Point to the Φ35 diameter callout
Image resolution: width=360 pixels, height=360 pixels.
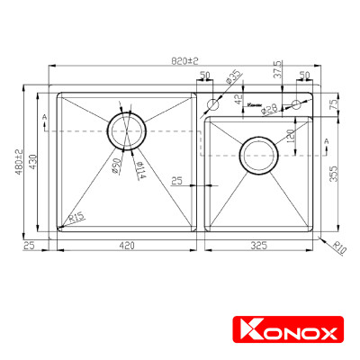234,76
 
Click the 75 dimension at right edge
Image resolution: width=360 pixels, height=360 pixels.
332,104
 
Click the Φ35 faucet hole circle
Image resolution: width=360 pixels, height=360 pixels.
217,102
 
